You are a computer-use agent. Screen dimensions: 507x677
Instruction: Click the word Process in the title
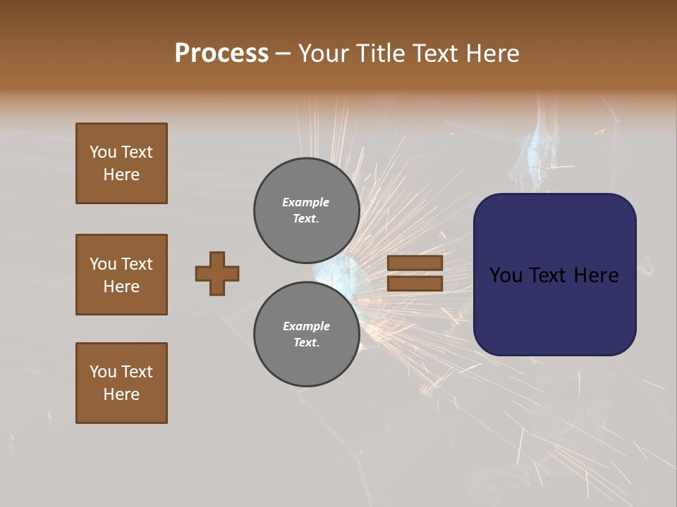(x=221, y=53)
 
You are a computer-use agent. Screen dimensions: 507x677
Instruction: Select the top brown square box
(x=121, y=163)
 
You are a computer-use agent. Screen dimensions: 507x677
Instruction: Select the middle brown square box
(x=121, y=275)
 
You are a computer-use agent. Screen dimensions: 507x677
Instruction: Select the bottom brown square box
(x=121, y=383)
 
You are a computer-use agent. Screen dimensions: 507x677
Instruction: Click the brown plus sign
(x=217, y=273)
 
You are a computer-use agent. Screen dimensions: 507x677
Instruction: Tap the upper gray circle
(x=307, y=211)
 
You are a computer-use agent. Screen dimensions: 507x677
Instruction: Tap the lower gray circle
(x=307, y=334)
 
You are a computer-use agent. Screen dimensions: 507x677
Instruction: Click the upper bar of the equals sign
(x=415, y=263)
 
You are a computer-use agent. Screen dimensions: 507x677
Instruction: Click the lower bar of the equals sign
(x=415, y=283)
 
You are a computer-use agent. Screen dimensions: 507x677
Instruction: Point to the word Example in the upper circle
(x=305, y=202)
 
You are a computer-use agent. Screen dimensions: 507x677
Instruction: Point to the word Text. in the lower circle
(x=306, y=343)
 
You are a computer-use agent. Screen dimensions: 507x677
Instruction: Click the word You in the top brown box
(x=103, y=152)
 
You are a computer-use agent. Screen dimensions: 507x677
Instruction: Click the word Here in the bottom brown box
(x=121, y=394)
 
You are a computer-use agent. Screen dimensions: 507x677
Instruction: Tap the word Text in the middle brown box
(x=136, y=264)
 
